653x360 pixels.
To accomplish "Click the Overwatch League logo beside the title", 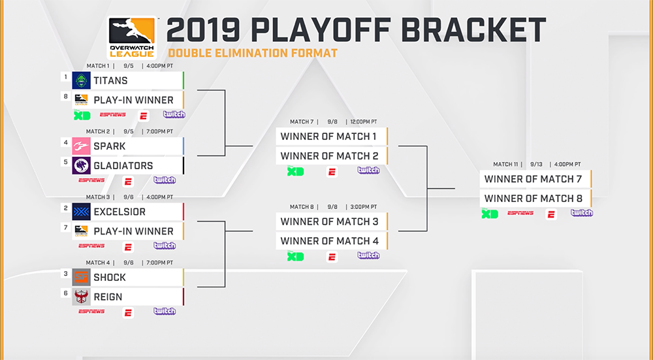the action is coord(132,37).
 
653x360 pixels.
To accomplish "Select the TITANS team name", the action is coord(111,80).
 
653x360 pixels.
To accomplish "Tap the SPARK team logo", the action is coord(81,146).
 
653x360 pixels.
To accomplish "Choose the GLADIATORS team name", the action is coord(123,166).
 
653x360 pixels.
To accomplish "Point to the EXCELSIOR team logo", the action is coord(81,212).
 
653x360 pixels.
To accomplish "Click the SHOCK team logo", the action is coord(81,278).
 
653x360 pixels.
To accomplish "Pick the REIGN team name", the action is coord(108,297).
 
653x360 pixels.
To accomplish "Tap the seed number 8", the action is coord(66,96).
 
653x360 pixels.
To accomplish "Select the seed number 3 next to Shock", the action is coord(66,273).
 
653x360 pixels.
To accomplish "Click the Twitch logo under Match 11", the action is coord(582,213).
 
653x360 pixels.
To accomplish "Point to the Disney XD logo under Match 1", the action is coord(82,116).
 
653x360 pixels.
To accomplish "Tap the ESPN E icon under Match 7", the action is coord(332,172).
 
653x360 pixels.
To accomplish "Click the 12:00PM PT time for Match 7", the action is coord(364,122).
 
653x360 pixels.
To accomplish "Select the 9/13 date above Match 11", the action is coord(536,165).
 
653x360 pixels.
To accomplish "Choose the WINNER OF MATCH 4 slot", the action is coord(332,241).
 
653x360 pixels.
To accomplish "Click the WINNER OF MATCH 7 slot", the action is coord(535,179).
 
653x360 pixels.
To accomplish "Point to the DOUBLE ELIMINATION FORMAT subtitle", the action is coord(253,54).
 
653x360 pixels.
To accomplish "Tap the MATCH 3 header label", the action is coord(98,197).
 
